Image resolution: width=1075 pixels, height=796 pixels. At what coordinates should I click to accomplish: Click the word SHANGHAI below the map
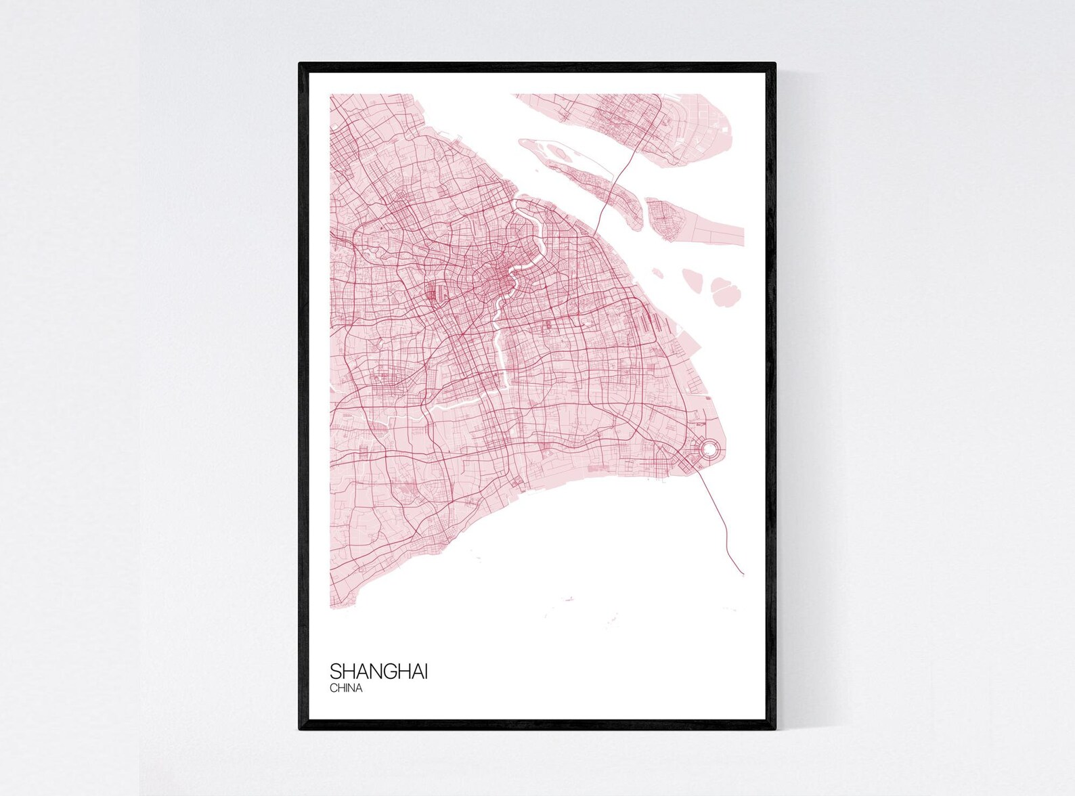(378, 671)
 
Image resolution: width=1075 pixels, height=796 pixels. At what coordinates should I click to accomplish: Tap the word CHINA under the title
(347, 688)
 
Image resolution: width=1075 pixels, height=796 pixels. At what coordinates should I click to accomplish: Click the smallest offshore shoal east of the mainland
(657, 273)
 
